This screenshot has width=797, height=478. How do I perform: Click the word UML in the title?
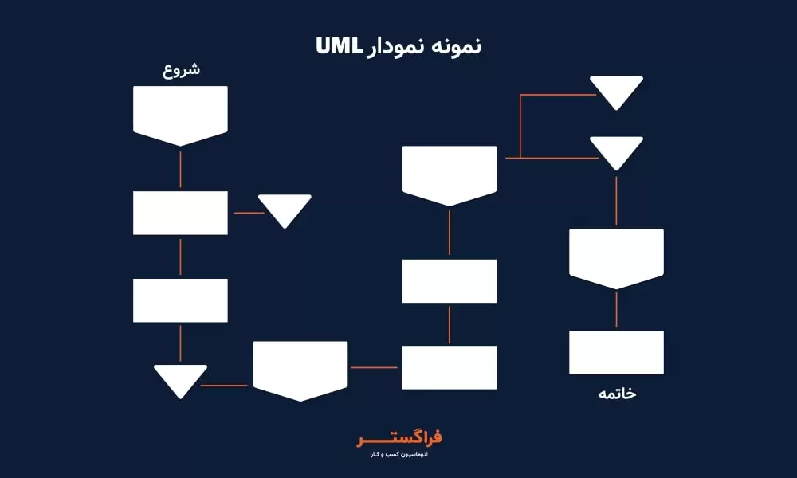tap(340, 46)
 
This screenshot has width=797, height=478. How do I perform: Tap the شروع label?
tap(181, 69)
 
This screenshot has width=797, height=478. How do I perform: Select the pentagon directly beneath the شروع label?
tap(180, 113)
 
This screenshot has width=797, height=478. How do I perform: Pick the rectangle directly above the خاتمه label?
tap(616, 352)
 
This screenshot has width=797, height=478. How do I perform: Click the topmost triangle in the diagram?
tap(616, 90)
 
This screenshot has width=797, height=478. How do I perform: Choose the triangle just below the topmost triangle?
tap(616, 151)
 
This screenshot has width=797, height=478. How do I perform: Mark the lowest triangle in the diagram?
tap(180, 378)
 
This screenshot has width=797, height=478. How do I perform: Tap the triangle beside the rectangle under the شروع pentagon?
tap(285, 208)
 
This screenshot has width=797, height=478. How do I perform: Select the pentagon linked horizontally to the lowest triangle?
tap(300, 368)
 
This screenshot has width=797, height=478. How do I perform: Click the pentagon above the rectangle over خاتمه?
tap(616, 257)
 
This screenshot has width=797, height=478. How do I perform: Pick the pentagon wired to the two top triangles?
tap(450, 173)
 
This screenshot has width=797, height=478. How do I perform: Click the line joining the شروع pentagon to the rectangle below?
tap(180, 169)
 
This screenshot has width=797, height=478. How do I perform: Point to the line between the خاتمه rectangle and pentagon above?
tap(616, 311)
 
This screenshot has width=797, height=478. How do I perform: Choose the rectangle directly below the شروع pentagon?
tap(180, 213)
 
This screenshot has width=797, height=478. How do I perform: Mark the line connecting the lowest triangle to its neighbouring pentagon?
tap(226, 386)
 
